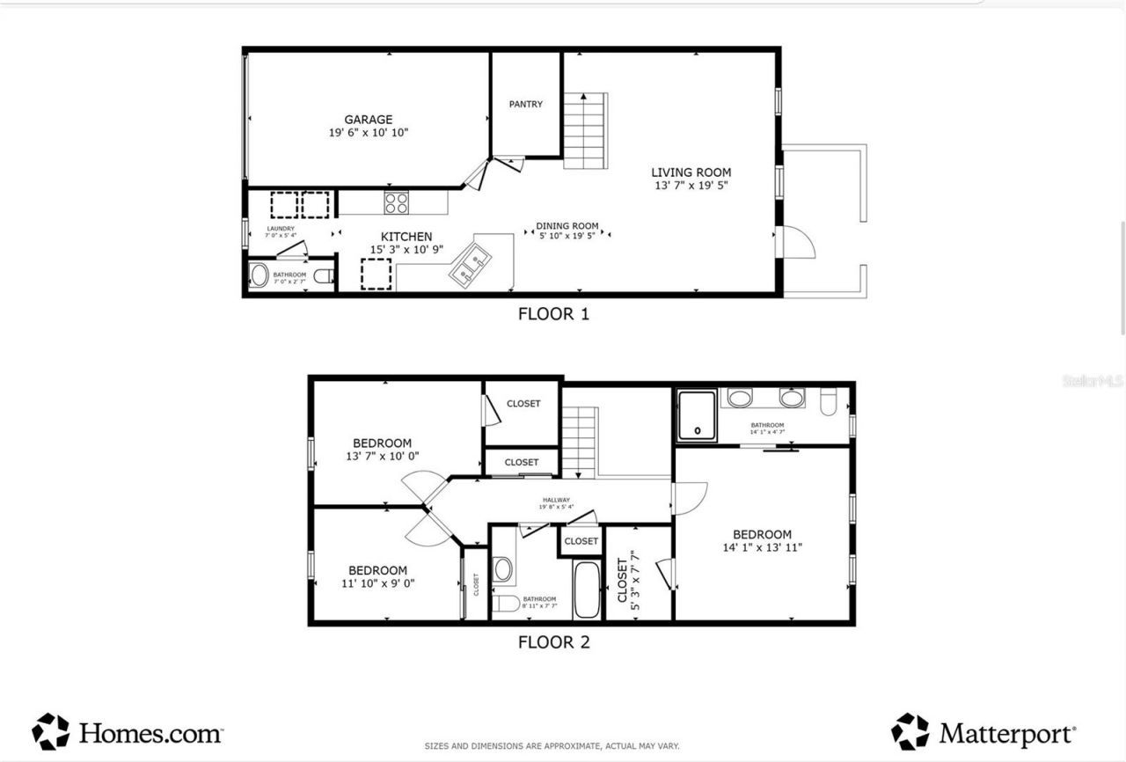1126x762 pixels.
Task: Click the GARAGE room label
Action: point(368,120)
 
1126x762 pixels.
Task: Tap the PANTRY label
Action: point(526,104)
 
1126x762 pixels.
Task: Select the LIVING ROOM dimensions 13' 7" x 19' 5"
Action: point(691,186)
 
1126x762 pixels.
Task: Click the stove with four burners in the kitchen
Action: point(396,202)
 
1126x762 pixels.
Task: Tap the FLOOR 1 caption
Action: point(553,313)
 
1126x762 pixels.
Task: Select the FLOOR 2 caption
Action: point(553,641)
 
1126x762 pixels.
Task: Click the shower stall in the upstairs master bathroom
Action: point(698,414)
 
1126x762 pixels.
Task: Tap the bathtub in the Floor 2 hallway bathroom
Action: point(586,590)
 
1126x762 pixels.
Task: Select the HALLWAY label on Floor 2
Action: point(556,500)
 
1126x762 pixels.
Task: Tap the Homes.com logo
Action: point(128,731)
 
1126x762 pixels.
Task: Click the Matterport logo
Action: point(983,731)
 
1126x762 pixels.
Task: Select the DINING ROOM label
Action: point(567,226)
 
